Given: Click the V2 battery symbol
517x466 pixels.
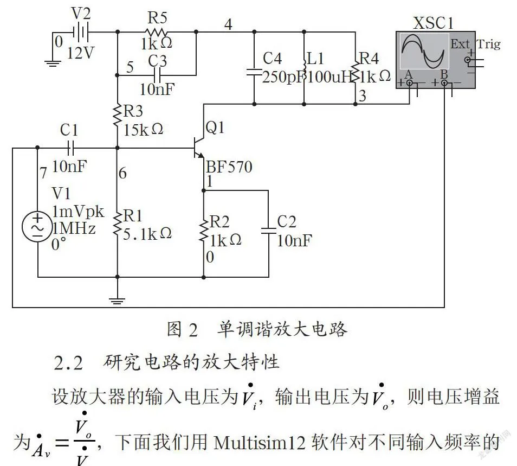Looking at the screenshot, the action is point(81,33).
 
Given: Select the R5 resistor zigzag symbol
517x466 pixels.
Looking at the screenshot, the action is point(156,32).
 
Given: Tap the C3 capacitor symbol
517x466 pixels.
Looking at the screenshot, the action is point(157,75).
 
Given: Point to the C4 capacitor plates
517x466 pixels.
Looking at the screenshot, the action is point(254,72).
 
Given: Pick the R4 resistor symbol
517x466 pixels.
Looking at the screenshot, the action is point(356,71).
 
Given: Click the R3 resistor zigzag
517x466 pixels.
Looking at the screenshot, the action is point(118,116).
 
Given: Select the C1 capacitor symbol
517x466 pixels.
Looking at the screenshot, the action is point(70,148).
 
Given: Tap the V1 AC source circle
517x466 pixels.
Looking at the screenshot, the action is point(37,227).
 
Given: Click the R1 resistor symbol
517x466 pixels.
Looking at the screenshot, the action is point(118,224).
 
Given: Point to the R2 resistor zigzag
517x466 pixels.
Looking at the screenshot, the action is point(203,229).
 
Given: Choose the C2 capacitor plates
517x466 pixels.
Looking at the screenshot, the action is point(268,231).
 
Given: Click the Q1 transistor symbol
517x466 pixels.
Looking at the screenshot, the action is point(199,148).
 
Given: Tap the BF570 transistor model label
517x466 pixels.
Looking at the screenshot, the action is point(229,167).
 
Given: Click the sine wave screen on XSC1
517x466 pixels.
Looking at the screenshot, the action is point(424,51).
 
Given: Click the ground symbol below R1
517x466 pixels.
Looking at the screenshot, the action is point(118,301).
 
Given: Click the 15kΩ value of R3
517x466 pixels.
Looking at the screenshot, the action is point(143,130).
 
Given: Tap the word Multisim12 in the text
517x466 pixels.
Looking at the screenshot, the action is point(260,442).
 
